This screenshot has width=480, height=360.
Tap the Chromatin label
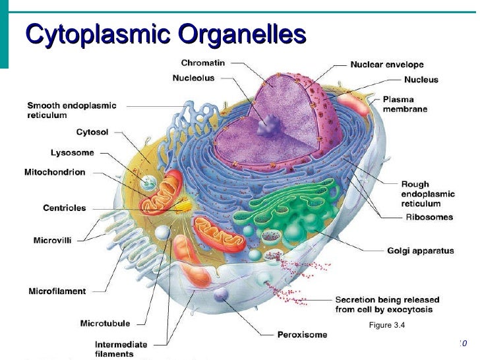click(x=203, y=63)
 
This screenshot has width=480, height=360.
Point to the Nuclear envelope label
click(x=387, y=65)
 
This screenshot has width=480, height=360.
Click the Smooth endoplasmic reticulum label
click(x=71, y=110)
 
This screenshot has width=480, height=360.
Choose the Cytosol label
click(x=92, y=133)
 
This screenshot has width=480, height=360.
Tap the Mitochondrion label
click(x=55, y=173)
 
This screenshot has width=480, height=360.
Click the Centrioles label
click(x=65, y=208)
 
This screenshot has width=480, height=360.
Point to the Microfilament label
click(x=57, y=291)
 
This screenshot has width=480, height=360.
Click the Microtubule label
click(x=105, y=324)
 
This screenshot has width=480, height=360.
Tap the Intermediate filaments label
click(x=121, y=349)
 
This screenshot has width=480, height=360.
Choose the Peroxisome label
click(x=302, y=335)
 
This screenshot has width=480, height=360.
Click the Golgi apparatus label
click(x=420, y=251)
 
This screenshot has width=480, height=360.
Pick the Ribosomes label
click(x=429, y=217)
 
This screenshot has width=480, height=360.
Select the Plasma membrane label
click(x=405, y=104)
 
